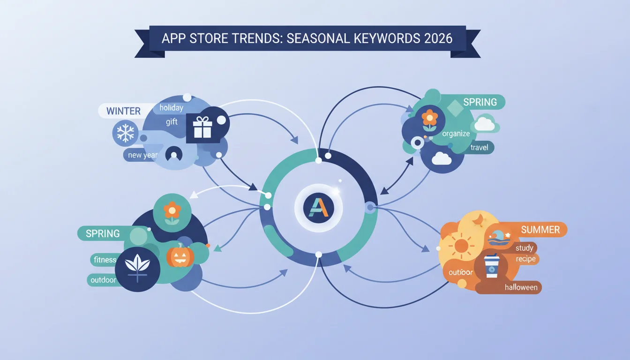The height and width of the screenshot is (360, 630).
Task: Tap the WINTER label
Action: [x=123, y=111]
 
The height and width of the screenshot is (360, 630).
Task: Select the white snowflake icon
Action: [x=126, y=133]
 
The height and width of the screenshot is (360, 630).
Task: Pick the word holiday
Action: [x=171, y=107]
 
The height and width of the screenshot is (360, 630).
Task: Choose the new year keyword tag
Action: [x=142, y=155]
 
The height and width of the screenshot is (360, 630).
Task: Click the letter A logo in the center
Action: [x=319, y=208]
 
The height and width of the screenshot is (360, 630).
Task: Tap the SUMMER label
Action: [x=540, y=230]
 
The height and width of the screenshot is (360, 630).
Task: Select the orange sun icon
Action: [x=461, y=246]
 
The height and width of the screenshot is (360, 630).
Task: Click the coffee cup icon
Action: [x=492, y=266]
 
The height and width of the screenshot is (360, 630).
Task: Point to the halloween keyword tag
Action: [x=521, y=287]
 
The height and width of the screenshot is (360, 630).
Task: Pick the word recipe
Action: [x=525, y=259]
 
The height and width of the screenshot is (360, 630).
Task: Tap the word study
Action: [x=524, y=248]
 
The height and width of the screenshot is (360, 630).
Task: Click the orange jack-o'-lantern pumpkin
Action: [x=180, y=255]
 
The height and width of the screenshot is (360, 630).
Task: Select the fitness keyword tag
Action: [x=105, y=260]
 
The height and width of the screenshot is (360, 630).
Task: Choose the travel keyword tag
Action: [x=479, y=147]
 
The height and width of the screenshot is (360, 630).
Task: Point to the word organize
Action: [x=456, y=134]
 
